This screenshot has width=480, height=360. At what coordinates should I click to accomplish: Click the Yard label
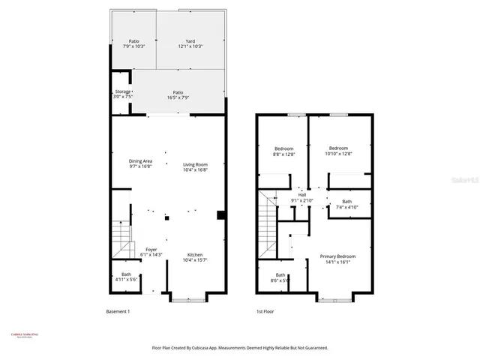190,43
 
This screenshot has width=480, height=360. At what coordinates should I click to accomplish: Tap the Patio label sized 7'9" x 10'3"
133,43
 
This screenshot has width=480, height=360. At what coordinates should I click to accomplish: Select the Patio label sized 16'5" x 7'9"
178,94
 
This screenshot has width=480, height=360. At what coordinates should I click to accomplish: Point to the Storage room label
122,94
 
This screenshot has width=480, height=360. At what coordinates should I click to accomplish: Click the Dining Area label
140,164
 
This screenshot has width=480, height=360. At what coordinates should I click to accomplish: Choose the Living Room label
195,166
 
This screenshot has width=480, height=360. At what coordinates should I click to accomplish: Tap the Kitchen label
194,257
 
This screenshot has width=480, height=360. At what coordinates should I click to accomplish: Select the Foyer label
151,252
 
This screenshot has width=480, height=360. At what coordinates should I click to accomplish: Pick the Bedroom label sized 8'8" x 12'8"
283,151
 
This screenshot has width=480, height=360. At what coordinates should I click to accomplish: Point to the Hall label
301,198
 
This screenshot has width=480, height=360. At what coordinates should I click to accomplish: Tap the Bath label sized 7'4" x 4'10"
346,203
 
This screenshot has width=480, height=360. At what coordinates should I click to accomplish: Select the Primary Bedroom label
337,259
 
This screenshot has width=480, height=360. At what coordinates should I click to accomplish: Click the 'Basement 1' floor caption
118,310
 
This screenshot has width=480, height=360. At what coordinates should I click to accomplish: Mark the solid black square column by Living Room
221,215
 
